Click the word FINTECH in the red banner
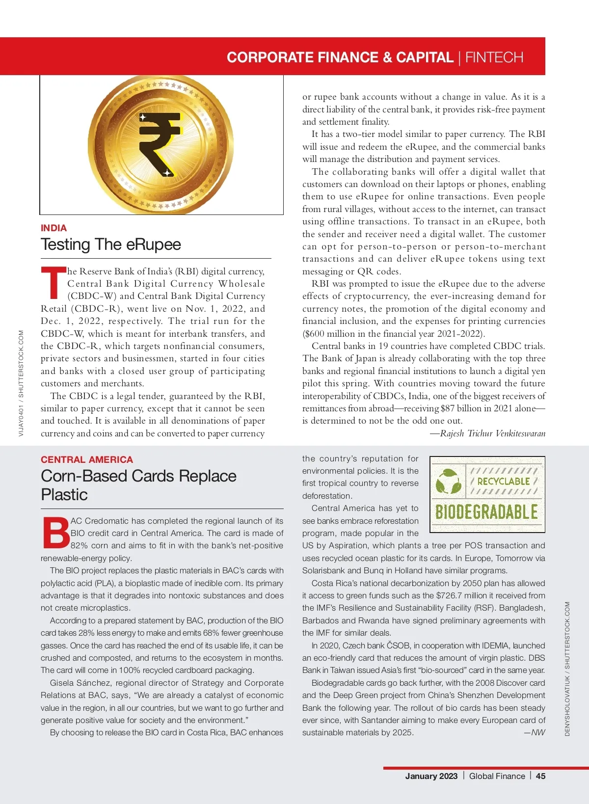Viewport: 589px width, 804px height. point(494,57)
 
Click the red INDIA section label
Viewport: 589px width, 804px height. point(54,228)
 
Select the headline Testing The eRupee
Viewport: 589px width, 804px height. point(111,244)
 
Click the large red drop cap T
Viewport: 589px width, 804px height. point(53,283)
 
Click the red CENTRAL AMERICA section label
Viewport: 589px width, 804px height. point(87,459)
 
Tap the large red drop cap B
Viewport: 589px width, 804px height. point(56,533)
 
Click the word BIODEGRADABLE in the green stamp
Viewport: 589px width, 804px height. point(486,512)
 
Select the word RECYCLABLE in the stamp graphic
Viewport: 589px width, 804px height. point(503,482)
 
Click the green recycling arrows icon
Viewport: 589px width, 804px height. point(448,481)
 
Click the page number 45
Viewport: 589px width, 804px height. point(540,776)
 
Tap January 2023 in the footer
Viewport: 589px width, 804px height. point(431,776)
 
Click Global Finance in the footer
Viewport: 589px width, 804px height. point(497,776)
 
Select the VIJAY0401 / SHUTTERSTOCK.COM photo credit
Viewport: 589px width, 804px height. point(21,383)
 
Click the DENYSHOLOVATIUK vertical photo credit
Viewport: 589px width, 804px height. point(567,669)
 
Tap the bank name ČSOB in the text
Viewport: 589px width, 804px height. point(379,645)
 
